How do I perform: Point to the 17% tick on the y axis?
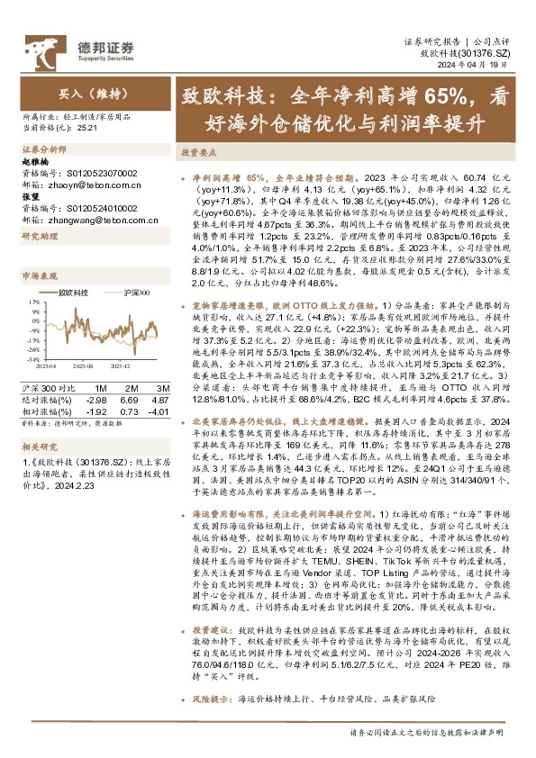point(33,302)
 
